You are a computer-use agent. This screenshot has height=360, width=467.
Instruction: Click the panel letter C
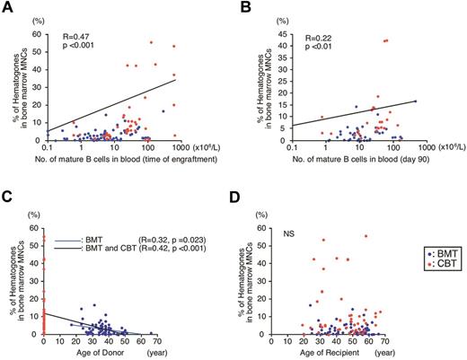[7, 189]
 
